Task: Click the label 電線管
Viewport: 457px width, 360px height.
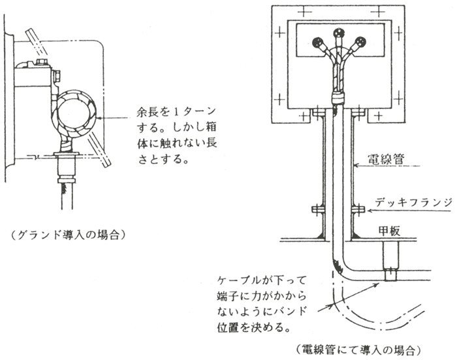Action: [x=386, y=160]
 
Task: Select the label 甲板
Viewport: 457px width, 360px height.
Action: [x=389, y=231]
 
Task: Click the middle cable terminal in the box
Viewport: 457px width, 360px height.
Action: [x=338, y=33]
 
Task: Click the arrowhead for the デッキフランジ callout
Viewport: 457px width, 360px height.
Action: [x=369, y=210]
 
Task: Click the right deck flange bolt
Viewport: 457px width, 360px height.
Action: [x=358, y=209]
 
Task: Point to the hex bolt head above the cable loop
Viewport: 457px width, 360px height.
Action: [x=42, y=62]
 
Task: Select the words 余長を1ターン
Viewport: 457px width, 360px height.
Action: [x=177, y=112]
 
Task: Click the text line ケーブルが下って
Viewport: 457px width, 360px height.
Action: [x=262, y=280]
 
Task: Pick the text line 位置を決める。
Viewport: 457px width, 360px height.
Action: [x=254, y=327]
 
